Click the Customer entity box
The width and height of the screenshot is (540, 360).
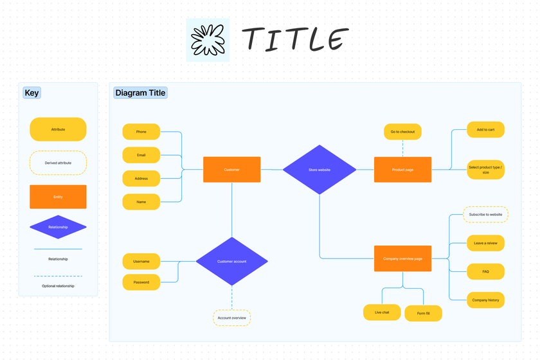(x=232, y=170)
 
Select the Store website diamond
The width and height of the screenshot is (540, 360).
(x=319, y=170)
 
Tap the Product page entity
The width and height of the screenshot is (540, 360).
(x=402, y=170)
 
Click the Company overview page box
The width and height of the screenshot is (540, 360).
(x=402, y=258)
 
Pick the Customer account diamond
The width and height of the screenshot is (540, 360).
(x=231, y=261)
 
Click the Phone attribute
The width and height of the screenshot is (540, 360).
(x=141, y=132)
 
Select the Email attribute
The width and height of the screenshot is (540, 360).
(x=141, y=155)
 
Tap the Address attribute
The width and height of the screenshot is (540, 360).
(x=141, y=179)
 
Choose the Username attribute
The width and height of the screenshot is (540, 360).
(x=141, y=262)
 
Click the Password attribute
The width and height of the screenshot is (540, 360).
(x=141, y=282)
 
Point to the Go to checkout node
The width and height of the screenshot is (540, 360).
(x=402, y=132)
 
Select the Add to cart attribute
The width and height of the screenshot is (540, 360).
(x=485, y=130)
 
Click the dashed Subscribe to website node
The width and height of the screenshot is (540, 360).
(x=485, y=214)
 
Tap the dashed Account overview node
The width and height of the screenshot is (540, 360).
(x=231, y=318)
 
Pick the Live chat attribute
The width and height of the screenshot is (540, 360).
(x=382, y=312)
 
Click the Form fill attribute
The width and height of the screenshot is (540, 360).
(x=423, y=313)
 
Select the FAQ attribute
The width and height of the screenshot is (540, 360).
(x=485, y=271)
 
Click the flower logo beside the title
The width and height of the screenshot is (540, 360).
(x=207, y=40)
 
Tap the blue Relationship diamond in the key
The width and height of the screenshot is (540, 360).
(x=58, y=227)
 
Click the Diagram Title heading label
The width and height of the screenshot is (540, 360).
(x=140, y=93)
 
